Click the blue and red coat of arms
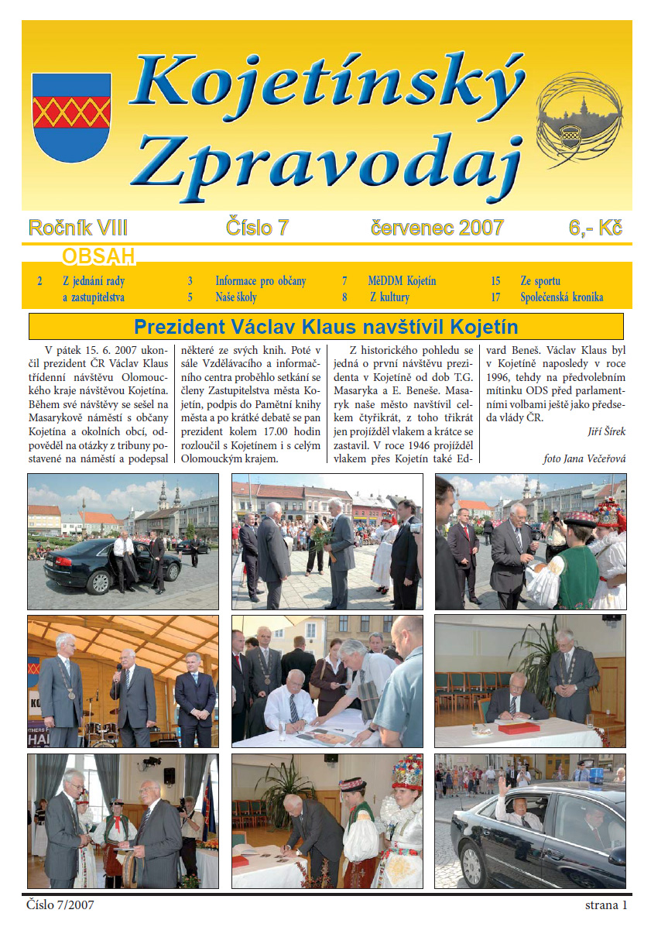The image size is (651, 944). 71,116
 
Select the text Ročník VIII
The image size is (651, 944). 77,228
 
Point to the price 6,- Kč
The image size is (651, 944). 596,228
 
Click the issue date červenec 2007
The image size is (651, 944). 437,228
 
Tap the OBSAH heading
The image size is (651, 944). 98,256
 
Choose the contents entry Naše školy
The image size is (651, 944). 236,297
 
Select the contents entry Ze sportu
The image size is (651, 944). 540,281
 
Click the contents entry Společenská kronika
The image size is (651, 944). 562,297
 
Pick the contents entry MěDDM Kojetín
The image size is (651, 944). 403,281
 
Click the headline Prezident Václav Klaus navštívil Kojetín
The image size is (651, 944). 326,326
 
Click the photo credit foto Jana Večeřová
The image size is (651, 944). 584,458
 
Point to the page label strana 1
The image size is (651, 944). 606,905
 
